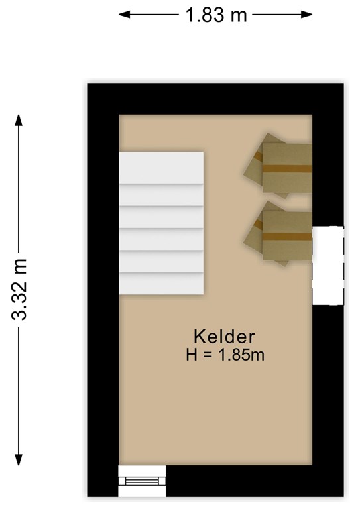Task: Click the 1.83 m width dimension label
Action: [216, 15]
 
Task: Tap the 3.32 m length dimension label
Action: [19, 290]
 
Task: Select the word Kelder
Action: [224, 337]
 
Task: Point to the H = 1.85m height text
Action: [225, 355]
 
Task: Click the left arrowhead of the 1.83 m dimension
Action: [125, 15]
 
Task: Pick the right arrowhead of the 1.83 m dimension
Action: [306, 15]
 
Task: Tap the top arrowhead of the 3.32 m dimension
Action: [19, 120]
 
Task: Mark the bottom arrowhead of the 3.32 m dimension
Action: [19, 460]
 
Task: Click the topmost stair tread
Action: [161, 168]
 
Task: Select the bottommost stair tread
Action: [161, 284]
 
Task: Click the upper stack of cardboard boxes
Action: [278, 166]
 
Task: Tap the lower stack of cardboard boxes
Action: [278, 234]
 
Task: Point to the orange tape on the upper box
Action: [287, 168]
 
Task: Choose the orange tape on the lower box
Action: [287, 237]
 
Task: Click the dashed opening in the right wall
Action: [328, 266]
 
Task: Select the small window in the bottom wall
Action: [142, 481]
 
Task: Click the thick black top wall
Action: [215, 99]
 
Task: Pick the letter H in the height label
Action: [192, 355]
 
